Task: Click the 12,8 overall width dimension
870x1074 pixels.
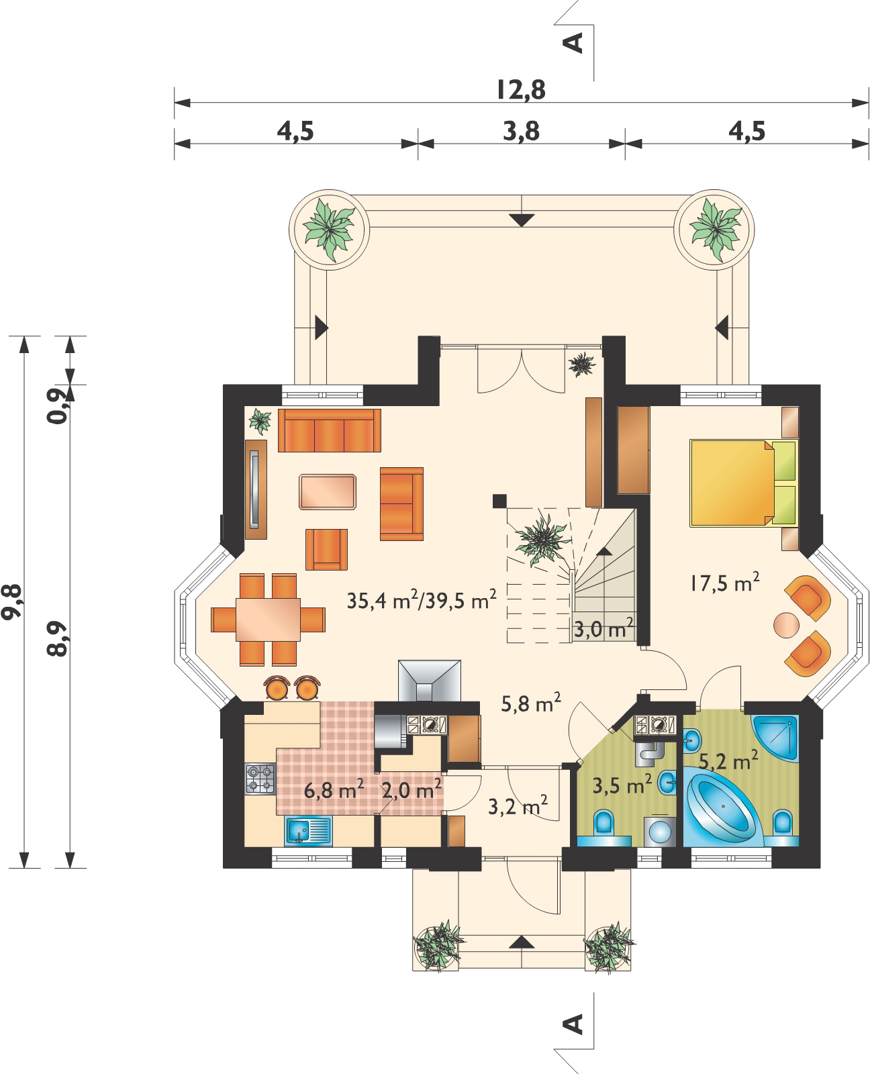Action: [521, 89]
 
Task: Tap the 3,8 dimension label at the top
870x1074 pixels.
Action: [521, 131]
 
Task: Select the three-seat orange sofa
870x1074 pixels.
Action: [329, 430]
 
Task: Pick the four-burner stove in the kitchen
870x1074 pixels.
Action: [260, 780]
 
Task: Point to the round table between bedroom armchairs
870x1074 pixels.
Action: [786, 624]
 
